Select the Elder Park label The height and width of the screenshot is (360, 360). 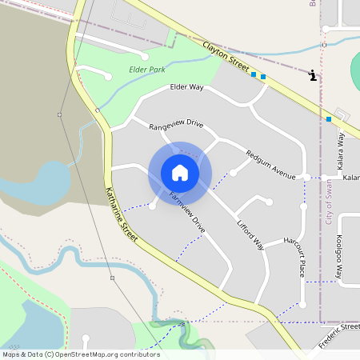147,70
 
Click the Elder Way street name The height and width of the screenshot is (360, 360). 186,87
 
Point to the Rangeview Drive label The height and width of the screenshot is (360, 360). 176,126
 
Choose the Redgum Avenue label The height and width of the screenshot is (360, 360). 271,163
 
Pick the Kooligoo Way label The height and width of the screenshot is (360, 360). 340,257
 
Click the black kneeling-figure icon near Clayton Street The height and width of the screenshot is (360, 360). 312,75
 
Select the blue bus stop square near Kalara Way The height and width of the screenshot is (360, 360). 329,119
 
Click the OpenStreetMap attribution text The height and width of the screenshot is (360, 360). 80,354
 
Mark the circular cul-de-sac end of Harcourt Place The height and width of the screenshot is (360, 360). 303,305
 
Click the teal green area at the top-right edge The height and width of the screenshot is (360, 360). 355,72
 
